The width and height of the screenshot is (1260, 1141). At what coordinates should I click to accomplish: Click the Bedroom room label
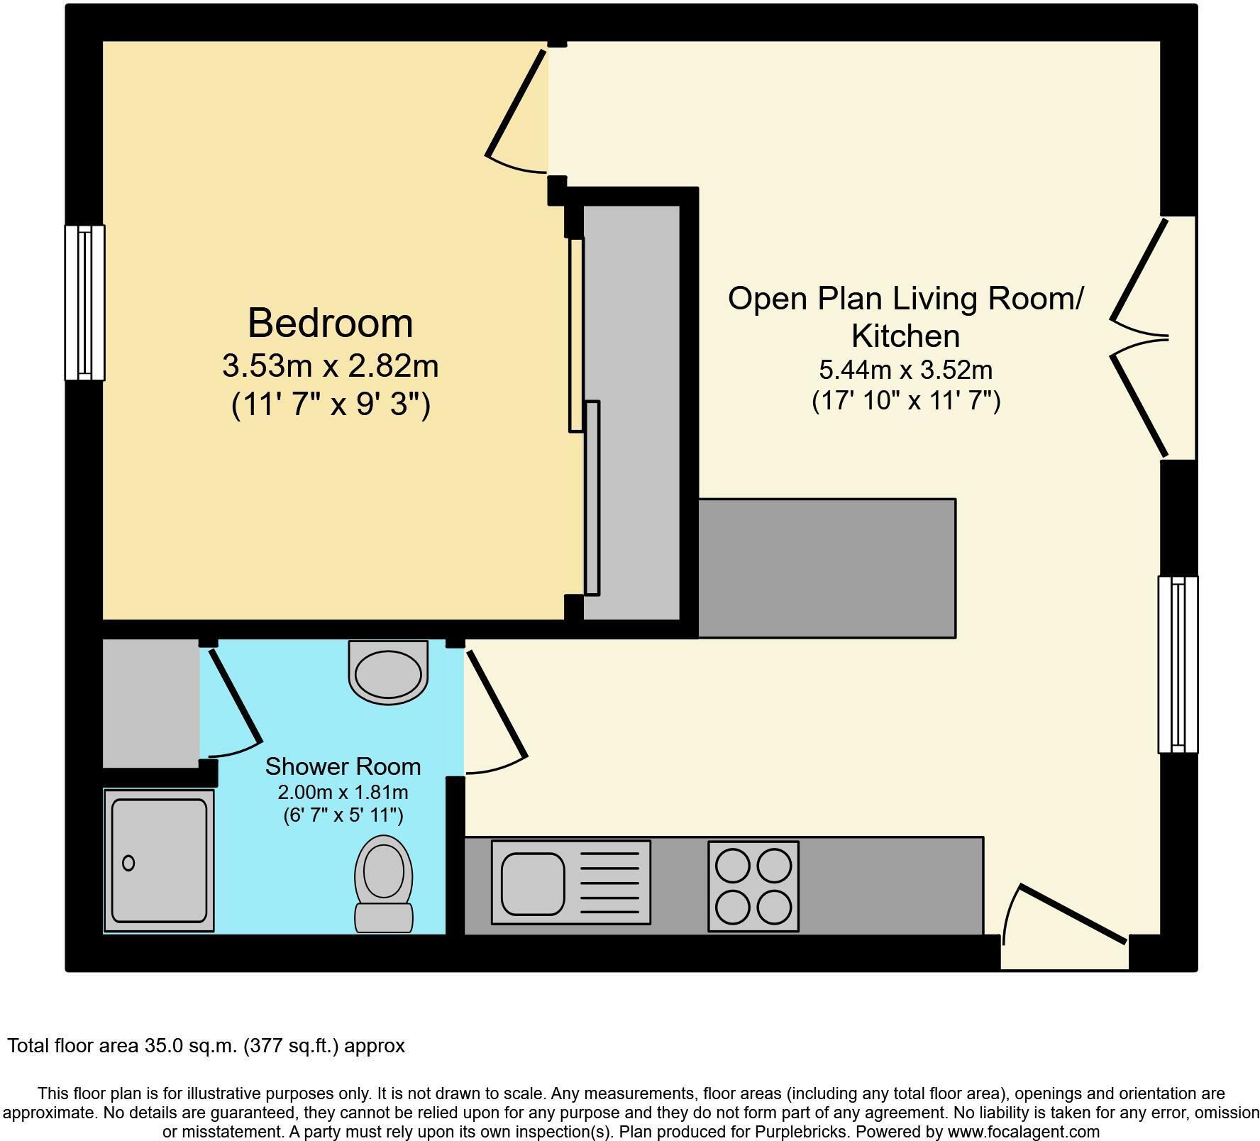point(330,323)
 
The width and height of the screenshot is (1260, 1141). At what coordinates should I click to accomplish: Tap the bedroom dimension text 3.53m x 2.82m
point(330,366)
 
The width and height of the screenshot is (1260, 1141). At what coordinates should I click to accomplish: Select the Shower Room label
point(343,766)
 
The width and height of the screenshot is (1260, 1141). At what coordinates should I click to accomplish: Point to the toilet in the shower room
point(384,883)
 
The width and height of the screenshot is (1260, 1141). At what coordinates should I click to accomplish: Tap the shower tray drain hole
point(128,863)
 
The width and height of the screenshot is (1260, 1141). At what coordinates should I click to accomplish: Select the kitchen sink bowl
point(533,883)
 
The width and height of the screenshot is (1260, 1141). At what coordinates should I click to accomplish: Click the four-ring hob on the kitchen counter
point(753,886)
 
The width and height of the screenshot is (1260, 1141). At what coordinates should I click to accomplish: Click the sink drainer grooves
point(614,883)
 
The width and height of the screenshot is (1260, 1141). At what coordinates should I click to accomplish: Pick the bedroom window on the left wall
point(84,302)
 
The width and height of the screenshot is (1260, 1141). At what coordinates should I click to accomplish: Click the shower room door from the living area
point(495,710)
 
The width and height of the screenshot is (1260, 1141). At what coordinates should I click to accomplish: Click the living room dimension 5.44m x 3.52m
point(905,370)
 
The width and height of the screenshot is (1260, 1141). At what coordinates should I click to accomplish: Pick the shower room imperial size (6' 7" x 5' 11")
point(343,815)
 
